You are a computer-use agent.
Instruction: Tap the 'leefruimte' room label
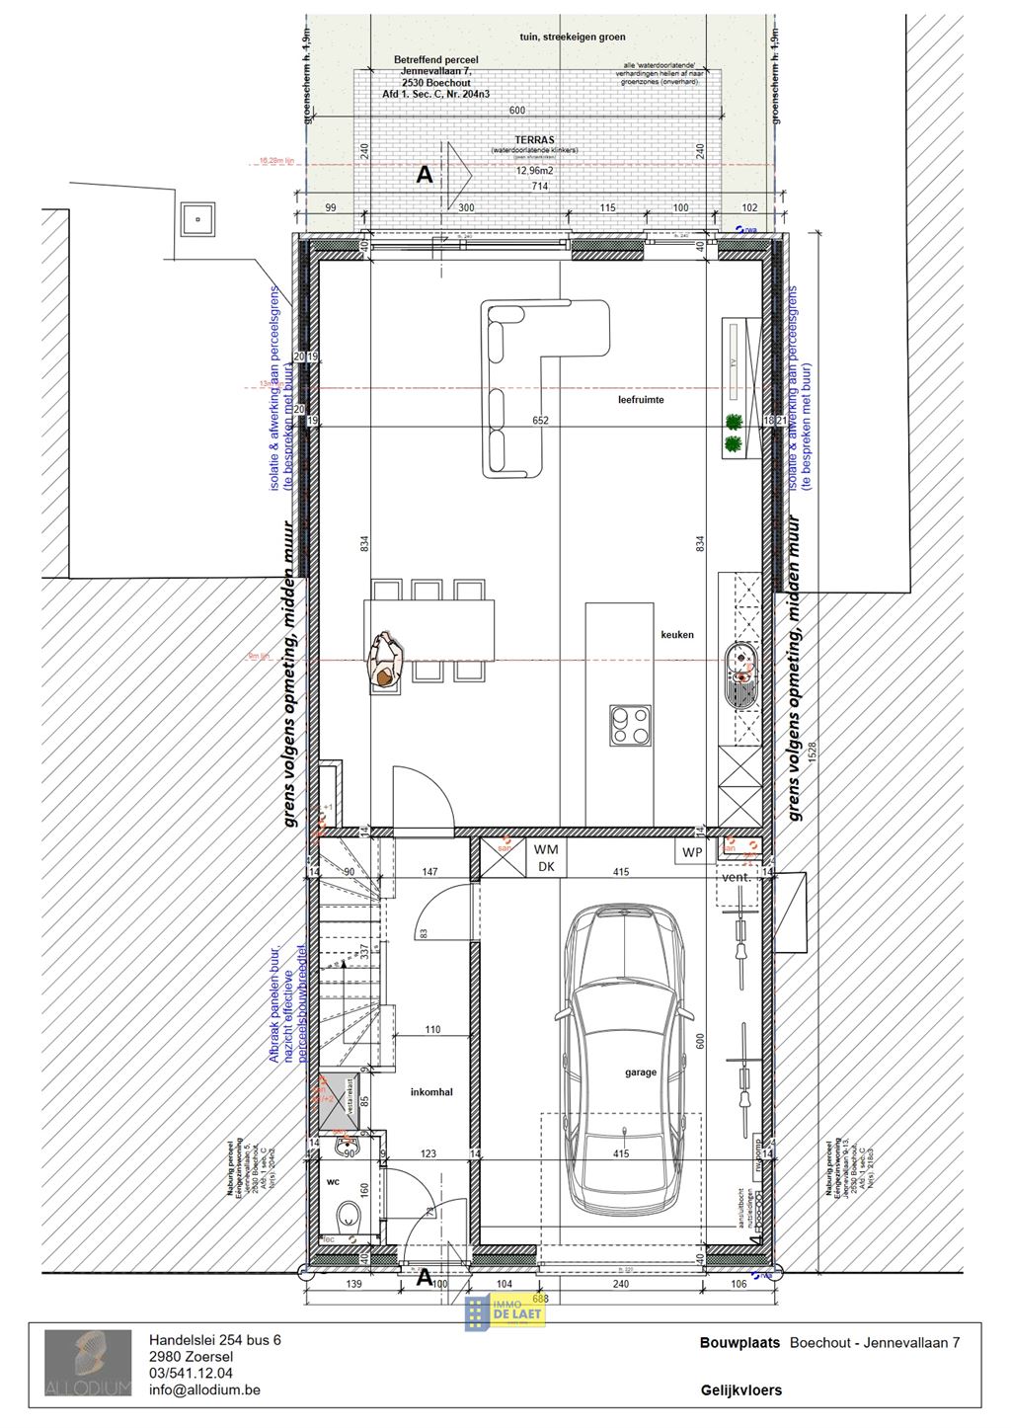641,400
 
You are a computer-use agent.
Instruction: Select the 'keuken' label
677,635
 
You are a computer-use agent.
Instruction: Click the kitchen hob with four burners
630,724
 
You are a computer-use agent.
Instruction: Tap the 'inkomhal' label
431,1092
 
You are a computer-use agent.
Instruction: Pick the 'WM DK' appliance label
545,858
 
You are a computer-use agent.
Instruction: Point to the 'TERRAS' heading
534,140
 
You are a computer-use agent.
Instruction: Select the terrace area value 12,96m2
534,171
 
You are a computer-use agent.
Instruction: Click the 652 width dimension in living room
540,421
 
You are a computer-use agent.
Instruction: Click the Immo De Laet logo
505,1312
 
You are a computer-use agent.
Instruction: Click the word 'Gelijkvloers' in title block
740,1389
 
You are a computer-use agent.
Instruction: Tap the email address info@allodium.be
204,1389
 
